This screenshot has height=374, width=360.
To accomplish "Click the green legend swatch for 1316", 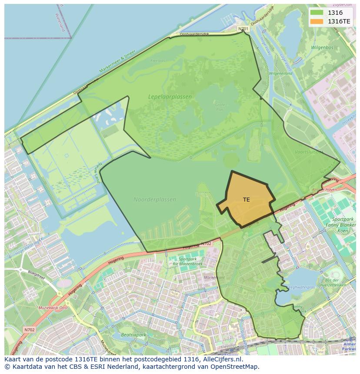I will (x=317, y=13).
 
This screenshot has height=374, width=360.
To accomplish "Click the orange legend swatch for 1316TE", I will (x=317, y=21).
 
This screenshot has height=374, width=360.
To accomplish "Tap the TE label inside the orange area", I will (x=247, y=200).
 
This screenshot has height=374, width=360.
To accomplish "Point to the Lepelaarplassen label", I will (x=170, y=97).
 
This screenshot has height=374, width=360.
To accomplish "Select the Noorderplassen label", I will (x=155, y=200).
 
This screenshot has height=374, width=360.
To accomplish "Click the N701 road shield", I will (x=243, y=29).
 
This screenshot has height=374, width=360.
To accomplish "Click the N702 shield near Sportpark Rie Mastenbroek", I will (x=206, y=244).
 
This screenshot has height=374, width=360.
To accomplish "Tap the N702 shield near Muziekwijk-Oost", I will (x=29, y=330).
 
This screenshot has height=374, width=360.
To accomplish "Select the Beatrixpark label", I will (x=133, y=335).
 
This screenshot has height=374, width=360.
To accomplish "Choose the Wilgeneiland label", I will (x=280, y=73).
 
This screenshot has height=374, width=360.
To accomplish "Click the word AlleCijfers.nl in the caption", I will (x=223, y=359).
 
